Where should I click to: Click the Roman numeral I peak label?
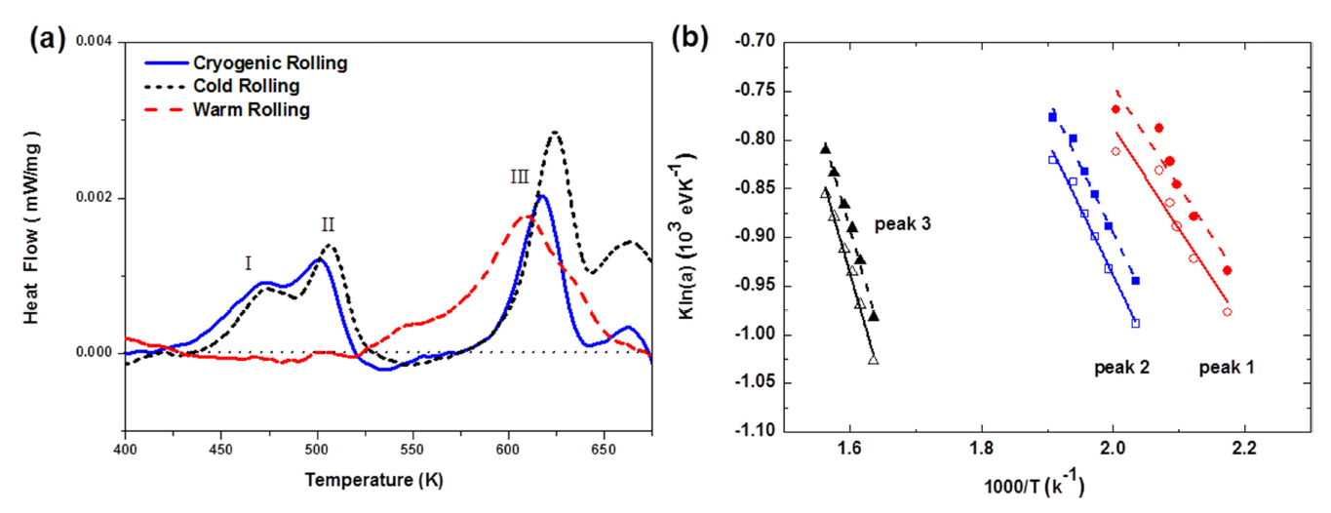tap(249, 262)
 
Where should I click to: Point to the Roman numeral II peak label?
tap(329, 224)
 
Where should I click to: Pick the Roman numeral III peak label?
tap(519, 177)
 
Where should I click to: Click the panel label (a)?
tap(48, 40)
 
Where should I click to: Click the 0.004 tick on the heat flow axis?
tap(96, 42)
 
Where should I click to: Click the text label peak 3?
tap(902, 223)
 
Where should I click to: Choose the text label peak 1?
tap(1227, 368)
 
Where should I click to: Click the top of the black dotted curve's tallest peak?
tap(555, 132)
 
